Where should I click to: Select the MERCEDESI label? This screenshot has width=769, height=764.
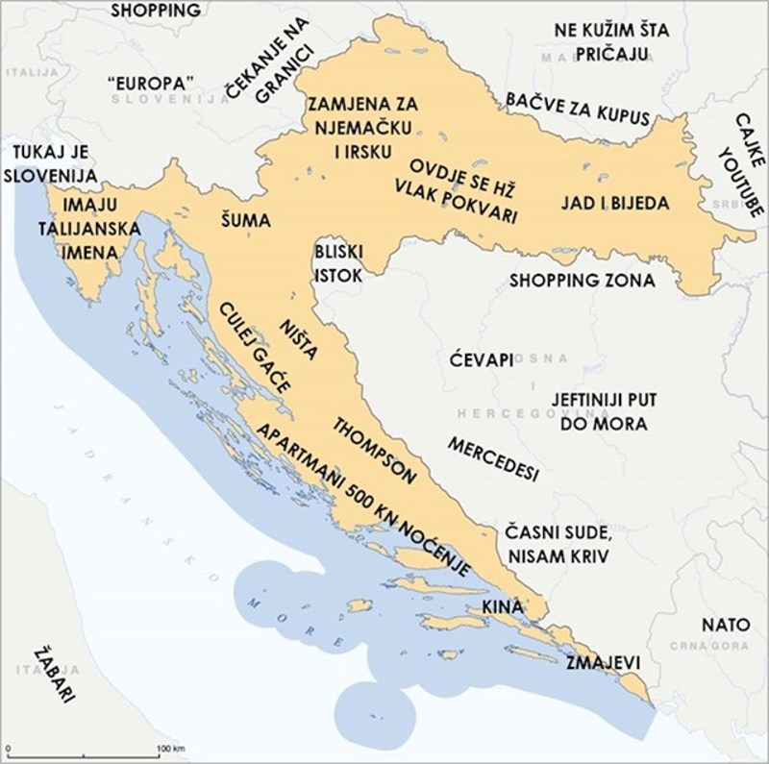point(492,460)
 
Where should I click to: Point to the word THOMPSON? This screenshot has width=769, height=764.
point(373,448)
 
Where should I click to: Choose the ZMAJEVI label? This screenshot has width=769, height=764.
point(602,663)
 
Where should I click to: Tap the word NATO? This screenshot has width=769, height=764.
point(718,625)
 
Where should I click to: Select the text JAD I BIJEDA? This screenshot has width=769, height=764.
point(614,204)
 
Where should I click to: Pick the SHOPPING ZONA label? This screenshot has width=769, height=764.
point(582,282)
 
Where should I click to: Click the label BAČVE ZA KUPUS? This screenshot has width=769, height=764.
point(577,109)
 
